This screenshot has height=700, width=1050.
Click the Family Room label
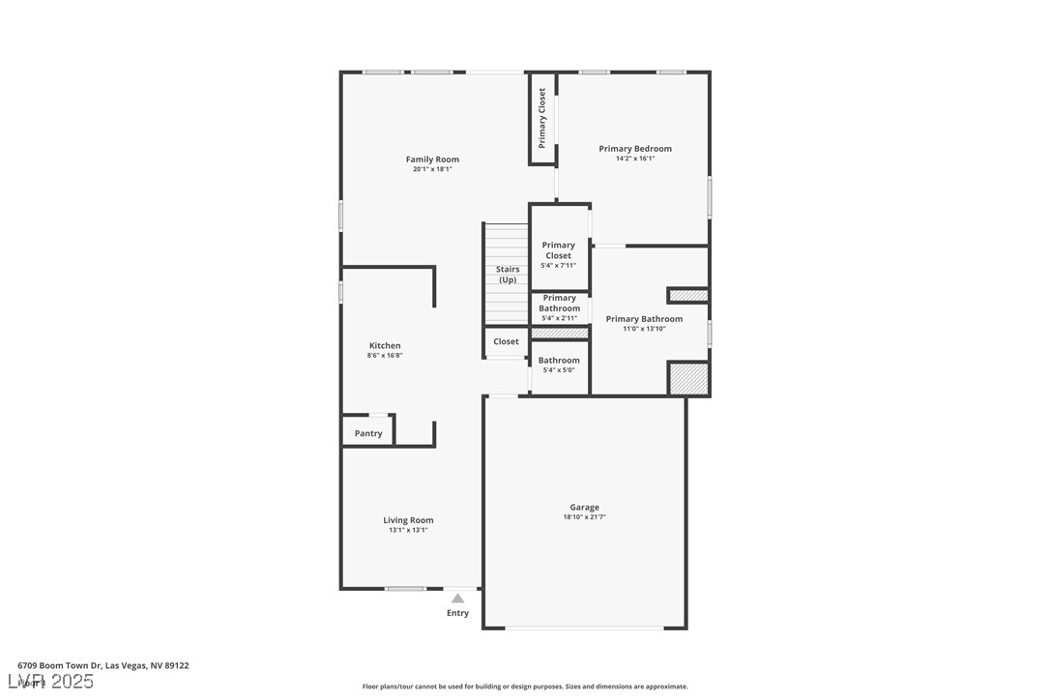click(x=432, y=160)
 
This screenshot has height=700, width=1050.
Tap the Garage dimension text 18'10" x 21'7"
click(x=584, y=517)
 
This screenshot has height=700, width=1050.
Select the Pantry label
click(x=368, y=434)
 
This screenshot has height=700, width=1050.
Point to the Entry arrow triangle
click(x=457, y=598)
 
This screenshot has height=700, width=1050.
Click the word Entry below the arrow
click(x=457, y=613)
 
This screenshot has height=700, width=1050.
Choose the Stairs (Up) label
click(x=508, y=275)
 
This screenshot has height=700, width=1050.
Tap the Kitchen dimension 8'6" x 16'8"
click(x=385, y=356)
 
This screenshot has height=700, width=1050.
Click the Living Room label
click(x=408, y=520)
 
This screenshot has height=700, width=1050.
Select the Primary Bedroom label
click(x=635, y=149)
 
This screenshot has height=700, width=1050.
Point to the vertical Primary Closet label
click(x=542, y=118)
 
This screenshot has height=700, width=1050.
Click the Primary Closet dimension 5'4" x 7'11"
click(x=558, y=266)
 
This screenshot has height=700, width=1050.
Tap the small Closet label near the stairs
click(x=506, y=341)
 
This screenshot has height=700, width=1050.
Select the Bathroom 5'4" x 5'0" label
click(x=559, y=361)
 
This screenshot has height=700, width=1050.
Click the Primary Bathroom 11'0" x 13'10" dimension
click(x=644, y=329)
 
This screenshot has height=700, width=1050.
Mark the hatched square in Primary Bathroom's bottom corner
click(x=688, y=378)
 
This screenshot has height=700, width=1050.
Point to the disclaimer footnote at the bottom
click(x=525, y=686)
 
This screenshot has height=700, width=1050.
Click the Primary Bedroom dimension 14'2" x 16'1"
click(x=635, y=159)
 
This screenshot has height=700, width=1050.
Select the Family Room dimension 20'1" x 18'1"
click(x=432, y=169)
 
